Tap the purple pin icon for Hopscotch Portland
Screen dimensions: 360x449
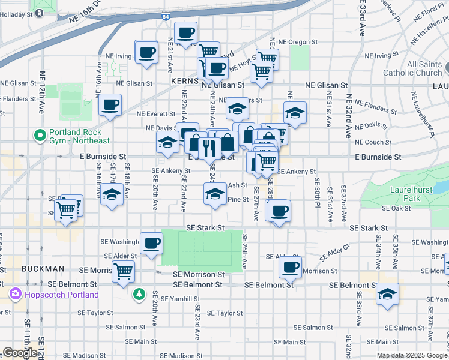tap(14, 295)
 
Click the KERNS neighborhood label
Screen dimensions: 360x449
tap(184, 80)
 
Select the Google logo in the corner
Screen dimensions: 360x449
tap(20, 353)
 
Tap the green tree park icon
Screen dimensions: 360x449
tap(139, 294)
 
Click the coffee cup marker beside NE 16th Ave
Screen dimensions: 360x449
tap(110, 105)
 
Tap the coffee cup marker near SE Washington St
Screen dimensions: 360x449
tap(152, 243)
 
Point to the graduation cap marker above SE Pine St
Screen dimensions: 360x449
tap(215, 193)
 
